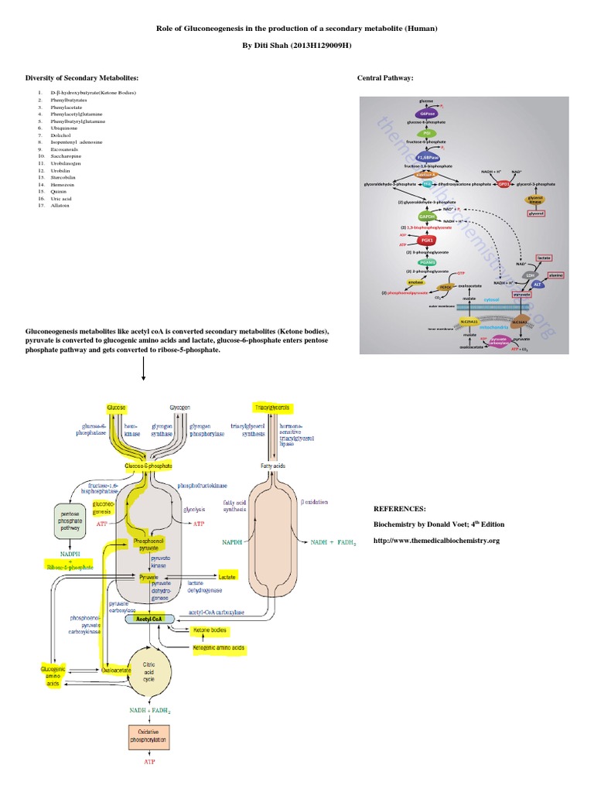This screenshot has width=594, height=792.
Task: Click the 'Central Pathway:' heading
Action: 384,78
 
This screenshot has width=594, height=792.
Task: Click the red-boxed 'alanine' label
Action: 555,275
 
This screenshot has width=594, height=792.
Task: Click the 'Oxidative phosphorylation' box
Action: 147,735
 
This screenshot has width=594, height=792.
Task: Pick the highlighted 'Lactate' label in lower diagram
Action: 227,576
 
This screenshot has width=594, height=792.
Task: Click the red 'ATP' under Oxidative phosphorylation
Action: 147,761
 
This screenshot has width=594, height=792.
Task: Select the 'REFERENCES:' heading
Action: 399,509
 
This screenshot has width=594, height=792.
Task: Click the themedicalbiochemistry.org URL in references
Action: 436,541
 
